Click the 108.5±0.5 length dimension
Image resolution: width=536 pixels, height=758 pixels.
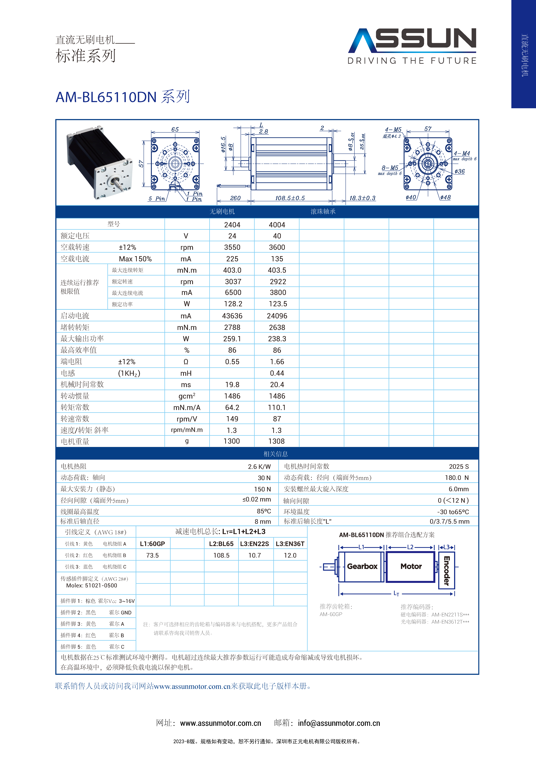(290, 198)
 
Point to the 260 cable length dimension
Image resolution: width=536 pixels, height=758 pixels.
(235, 198)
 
